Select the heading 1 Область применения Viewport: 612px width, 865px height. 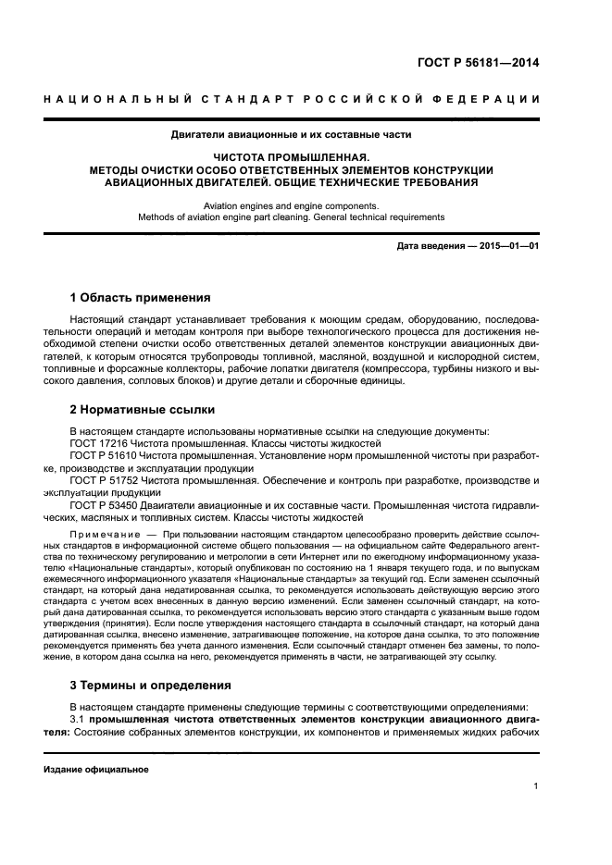140,298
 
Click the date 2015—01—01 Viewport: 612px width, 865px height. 506,246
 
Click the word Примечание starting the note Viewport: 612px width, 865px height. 103,538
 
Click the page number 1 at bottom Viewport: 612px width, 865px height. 536,786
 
